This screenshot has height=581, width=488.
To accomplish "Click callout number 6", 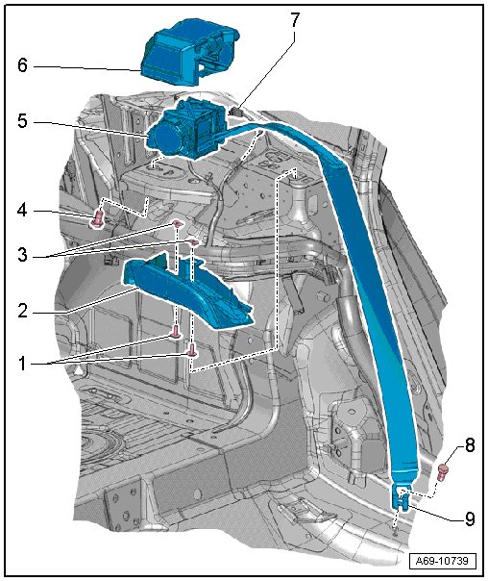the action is (x=22, y=65).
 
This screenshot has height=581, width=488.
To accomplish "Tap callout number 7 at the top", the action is (x=294, y=20).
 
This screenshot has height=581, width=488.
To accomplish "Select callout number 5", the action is (x=22, y=121).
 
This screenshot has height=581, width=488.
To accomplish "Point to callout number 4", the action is (x=22, y=211).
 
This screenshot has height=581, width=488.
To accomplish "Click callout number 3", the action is (x=22, y=255).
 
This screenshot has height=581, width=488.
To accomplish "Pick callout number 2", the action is (x=22, y=311).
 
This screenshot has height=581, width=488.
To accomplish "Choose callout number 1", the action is (x=22, y=364).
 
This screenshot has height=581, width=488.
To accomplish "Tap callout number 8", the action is (x=470, y=445).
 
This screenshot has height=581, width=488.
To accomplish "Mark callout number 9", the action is (x=470, y=519).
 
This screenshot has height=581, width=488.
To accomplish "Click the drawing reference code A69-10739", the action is (x=443, y=561).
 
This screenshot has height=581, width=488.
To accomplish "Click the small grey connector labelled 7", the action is (x=235, y=111).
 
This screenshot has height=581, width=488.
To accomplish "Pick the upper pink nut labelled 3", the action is (x=177, y=223).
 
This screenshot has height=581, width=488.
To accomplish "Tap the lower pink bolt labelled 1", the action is (x=193, y=350).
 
